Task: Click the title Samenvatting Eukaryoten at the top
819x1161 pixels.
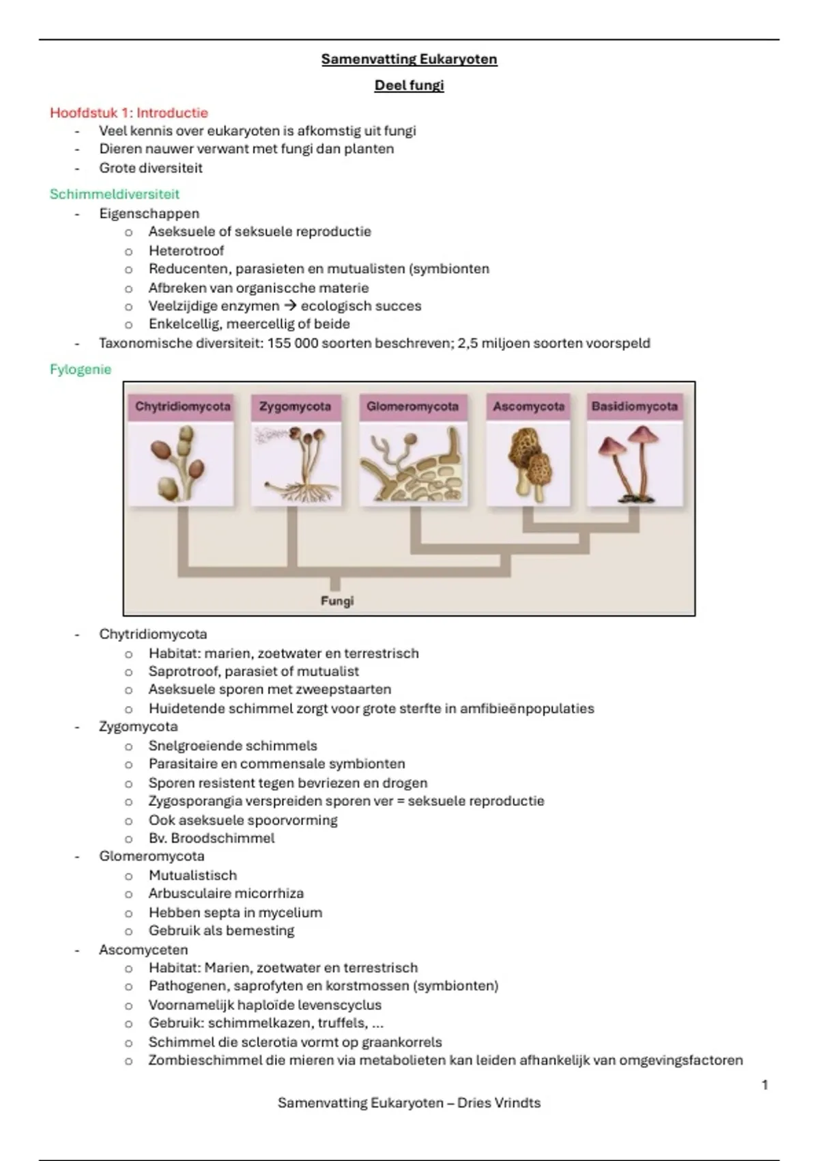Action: pyautogui.click(x=409, y=59)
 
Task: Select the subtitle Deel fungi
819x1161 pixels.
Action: pyautogui.click(x=409, y=85)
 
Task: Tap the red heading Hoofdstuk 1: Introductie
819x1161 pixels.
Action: pyautogui.click(x=129, y=113)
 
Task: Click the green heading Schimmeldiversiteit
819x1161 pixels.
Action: pyautogui.click(x=115, y=194)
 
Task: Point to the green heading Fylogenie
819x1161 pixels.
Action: pyautogui.click(x=81, y=369)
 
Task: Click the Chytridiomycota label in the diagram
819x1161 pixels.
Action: pyautogui.click(x=182, y=407)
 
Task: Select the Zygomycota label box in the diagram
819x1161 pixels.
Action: pyautogui.click(x=295, y=407)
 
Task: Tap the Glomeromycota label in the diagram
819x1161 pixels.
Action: pyautogui.click(x=412, y=407)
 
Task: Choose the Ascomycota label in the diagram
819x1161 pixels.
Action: pyautogui.click(x=529, y=407)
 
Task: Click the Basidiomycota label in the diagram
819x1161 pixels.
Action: pyautogui.click(x=635, y=407)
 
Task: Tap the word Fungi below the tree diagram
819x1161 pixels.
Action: pyautogui.click(x=337, y=601)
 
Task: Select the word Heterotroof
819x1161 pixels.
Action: pyautogui.click(x=186, y=251)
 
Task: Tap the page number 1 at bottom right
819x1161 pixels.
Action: pyautogui.click(x=764, y=1085)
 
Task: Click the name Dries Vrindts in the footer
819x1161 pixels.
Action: pyautogui.click(x=499, y=1103)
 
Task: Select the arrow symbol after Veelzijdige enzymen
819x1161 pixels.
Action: pyautogui.click(x=290, y=306)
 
